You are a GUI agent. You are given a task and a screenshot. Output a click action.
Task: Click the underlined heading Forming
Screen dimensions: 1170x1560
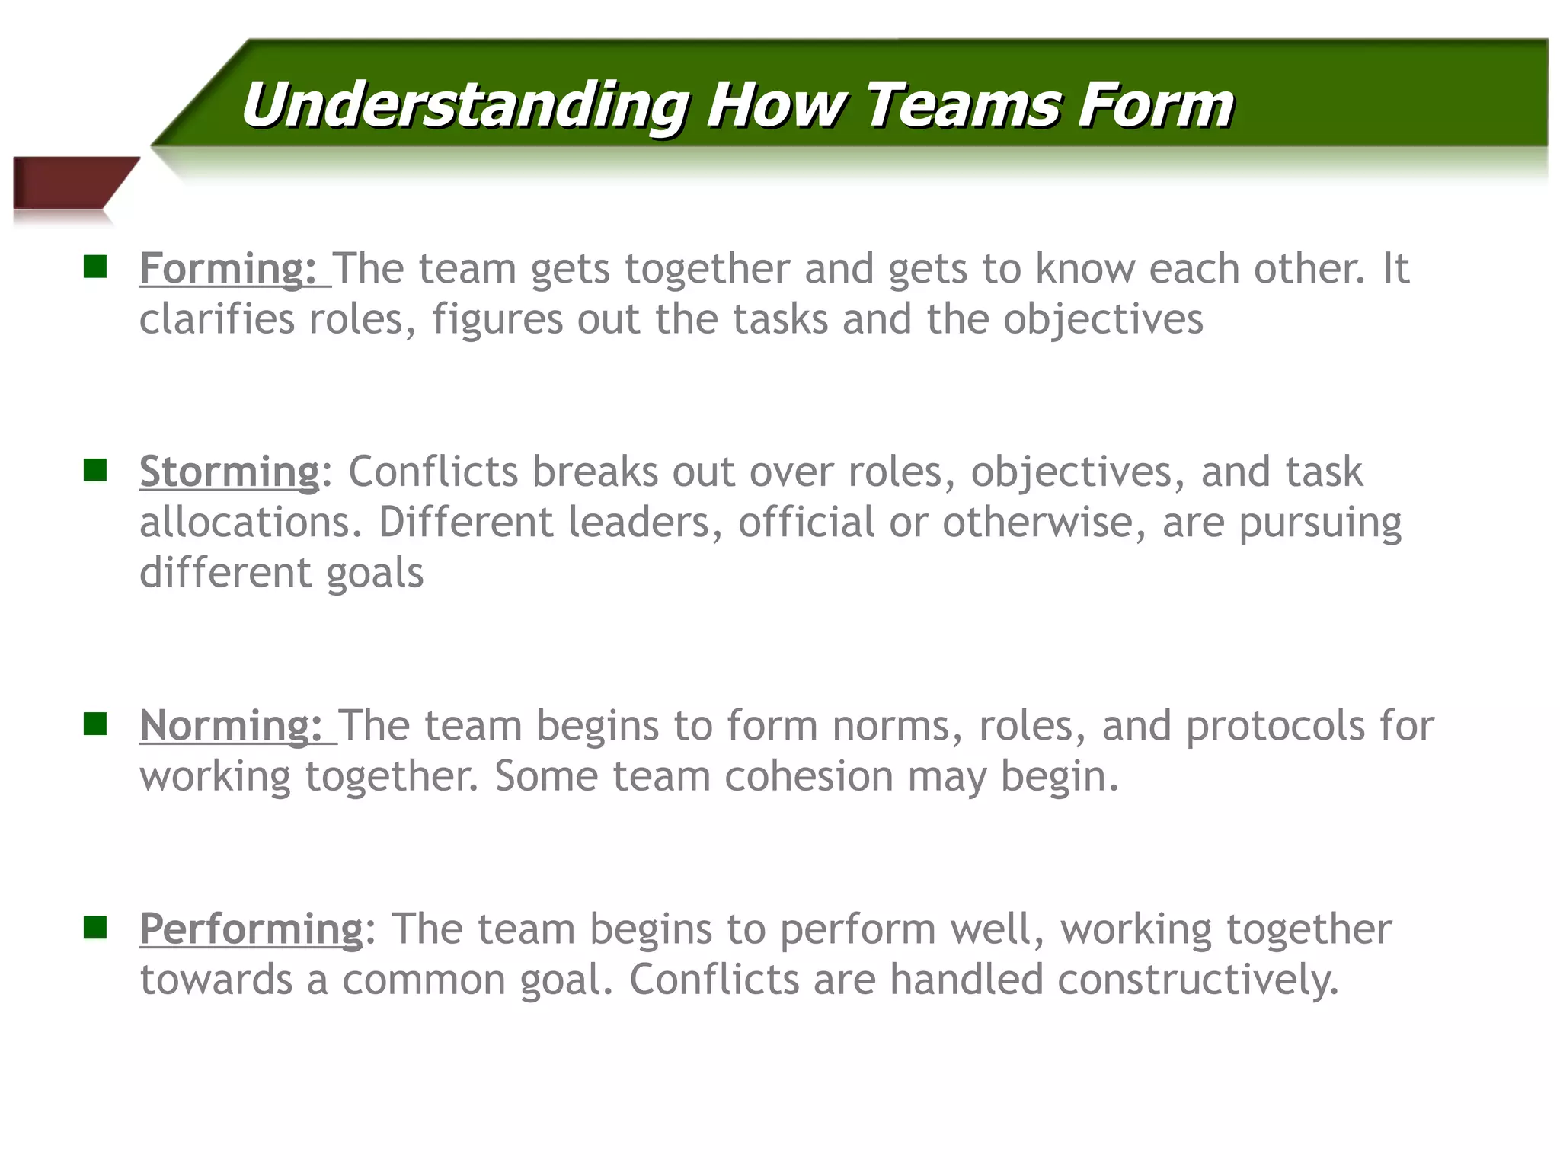pos(228,269)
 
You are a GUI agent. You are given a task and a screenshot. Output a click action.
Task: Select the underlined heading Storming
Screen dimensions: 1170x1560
pos(229,472)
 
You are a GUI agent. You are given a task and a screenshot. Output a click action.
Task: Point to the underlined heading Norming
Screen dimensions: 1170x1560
pos(231,726)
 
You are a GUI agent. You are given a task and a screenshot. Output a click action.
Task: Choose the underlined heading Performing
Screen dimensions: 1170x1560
pos(251,930)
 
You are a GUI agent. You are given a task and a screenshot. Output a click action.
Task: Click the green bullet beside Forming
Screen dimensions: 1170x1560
pos(95,267)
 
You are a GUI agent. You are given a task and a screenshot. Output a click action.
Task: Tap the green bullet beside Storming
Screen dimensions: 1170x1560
pos(95,470)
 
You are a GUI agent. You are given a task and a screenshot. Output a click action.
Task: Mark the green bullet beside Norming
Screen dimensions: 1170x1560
pos(95,724)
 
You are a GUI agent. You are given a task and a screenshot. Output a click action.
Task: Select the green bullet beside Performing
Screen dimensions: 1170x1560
pos(95,927)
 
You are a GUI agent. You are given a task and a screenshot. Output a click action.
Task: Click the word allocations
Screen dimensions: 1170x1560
pos(250,523)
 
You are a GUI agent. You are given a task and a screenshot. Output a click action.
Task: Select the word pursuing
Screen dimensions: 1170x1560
pos(1320,524)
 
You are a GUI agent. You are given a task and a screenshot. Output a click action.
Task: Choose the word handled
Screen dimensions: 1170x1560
pos(966,980)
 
